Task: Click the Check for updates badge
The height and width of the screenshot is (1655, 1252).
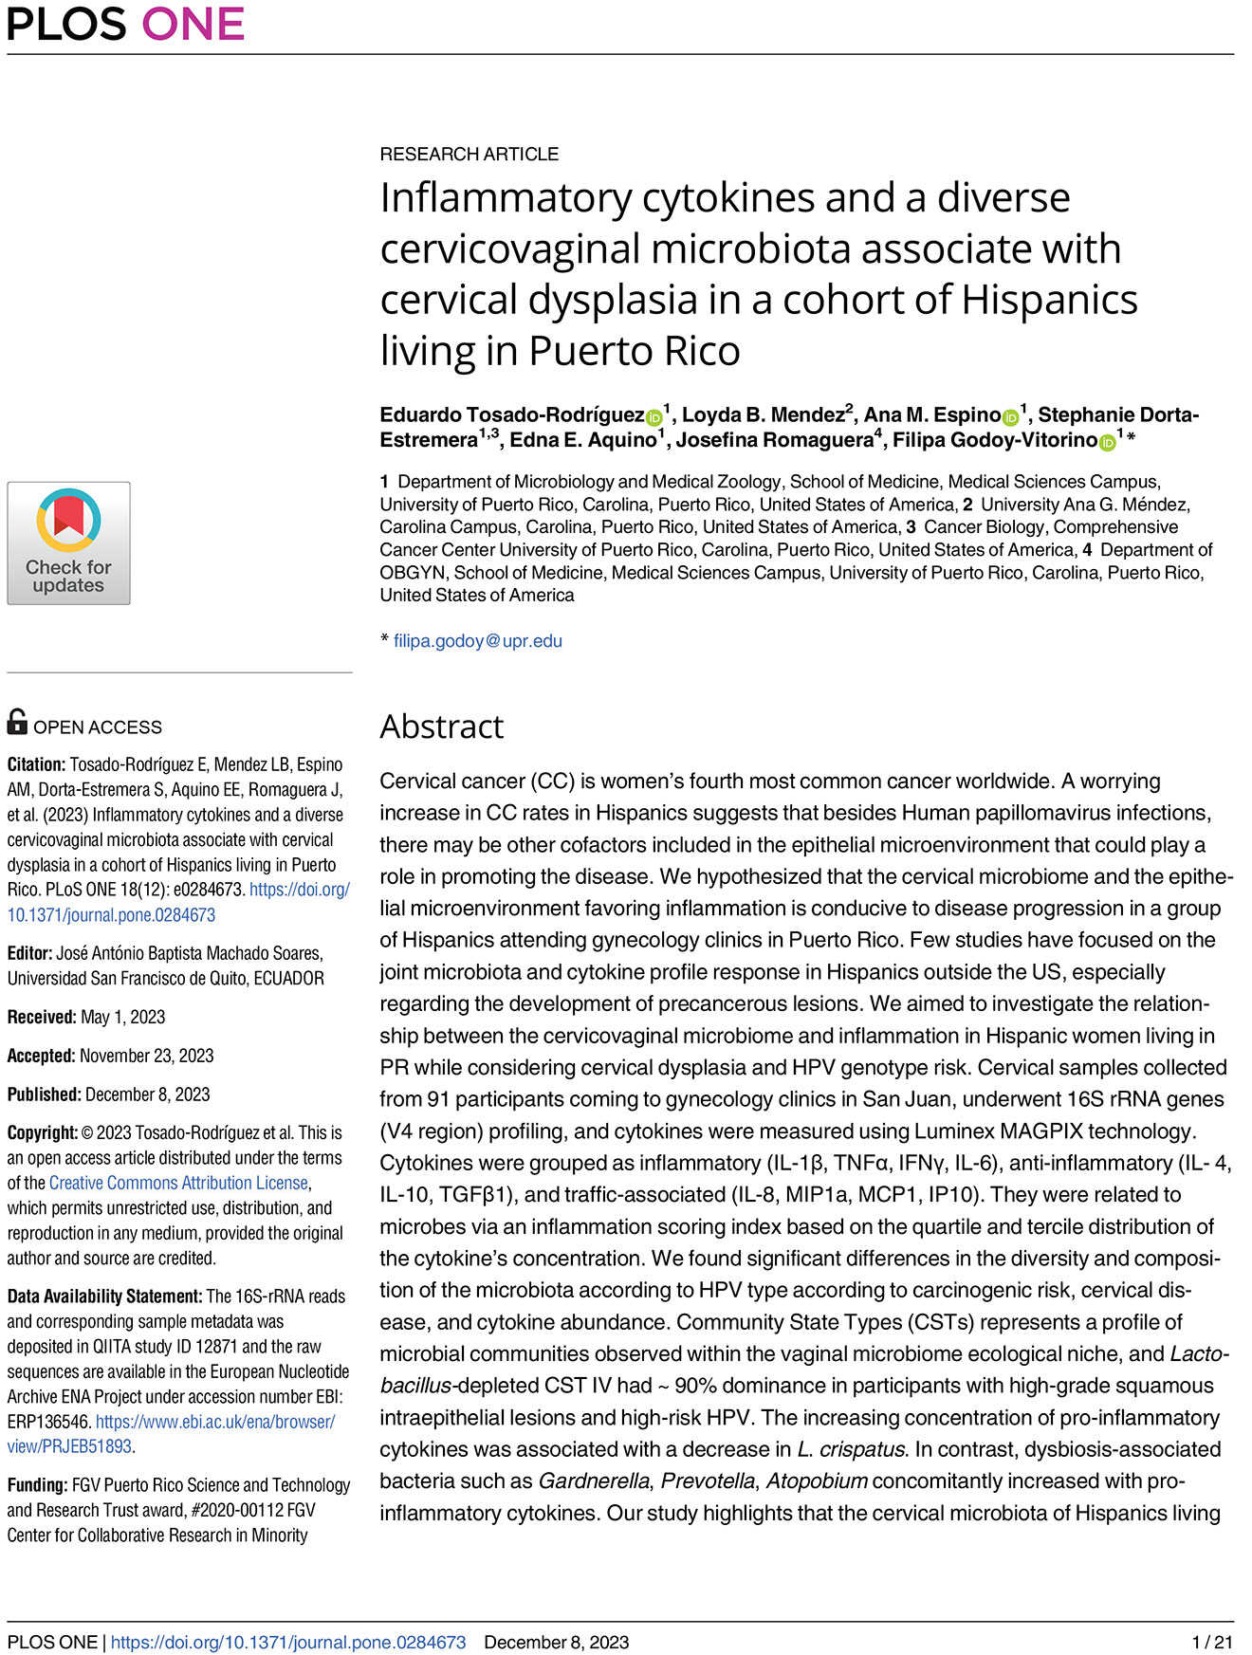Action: click(x=68, y=542)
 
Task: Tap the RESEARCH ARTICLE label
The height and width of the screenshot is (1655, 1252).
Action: click(x=469, y=154)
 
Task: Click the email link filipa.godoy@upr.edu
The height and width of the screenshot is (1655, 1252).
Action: click(x=478, y=641)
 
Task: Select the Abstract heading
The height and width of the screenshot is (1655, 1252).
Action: click(x=441, y=726)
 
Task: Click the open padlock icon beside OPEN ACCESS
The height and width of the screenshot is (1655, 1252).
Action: click(x=17, y=722)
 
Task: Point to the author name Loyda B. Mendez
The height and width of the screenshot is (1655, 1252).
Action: click(x=763, y=415)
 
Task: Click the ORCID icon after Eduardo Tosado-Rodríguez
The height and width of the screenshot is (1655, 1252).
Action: click(x=654, y=417)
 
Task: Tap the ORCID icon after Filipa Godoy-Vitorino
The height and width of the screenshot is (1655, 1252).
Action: click(x=1107, y=442)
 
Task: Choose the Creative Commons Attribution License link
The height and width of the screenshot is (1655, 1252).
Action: click(x=178, y=1183)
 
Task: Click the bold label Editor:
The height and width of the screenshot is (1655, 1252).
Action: click(x=29, y=953)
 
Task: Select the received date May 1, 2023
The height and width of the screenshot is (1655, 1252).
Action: click(x=123, y=1017)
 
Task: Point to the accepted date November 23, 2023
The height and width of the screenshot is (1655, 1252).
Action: click(x=146, y=1056)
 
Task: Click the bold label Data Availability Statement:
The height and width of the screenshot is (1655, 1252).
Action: click(x=104, y=1296)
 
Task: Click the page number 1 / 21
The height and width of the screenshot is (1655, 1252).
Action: click(x=1212, y=1642)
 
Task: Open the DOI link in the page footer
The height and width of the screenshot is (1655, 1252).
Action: click(x=288, y=1642)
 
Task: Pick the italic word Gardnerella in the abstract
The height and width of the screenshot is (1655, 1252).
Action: click(x=594, y=1480)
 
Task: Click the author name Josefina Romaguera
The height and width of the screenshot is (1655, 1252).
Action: click(x=774, y=440)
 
